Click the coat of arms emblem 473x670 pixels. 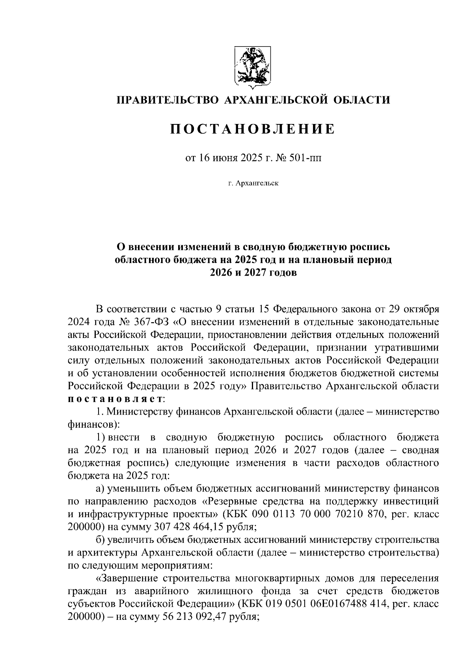tap(252, 66)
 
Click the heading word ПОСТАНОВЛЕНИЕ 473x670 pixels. tap(252, 129)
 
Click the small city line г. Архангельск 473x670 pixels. tap(252, 184)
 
